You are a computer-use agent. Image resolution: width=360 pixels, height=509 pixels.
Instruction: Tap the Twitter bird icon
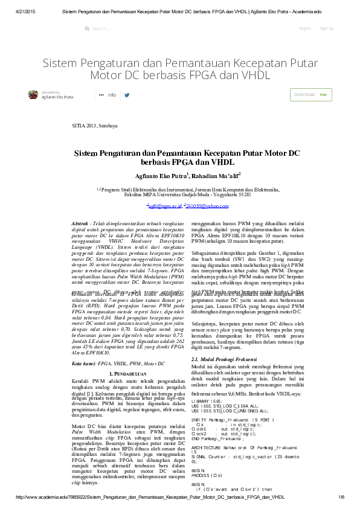point(127,95)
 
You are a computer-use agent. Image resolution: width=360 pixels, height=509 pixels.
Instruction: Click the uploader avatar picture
point(33,94)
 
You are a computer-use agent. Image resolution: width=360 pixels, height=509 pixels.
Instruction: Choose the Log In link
point(305,28)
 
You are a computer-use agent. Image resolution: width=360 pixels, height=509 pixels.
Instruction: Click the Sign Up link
point(326,28)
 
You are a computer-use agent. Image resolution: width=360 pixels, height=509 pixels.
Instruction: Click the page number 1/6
point(341,496)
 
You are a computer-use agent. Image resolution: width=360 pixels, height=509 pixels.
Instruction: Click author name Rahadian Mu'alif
point(216,175)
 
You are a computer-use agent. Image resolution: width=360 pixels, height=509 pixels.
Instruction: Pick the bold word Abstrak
point(80,223)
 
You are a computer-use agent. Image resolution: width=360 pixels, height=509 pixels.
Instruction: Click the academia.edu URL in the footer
point(151,496)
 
